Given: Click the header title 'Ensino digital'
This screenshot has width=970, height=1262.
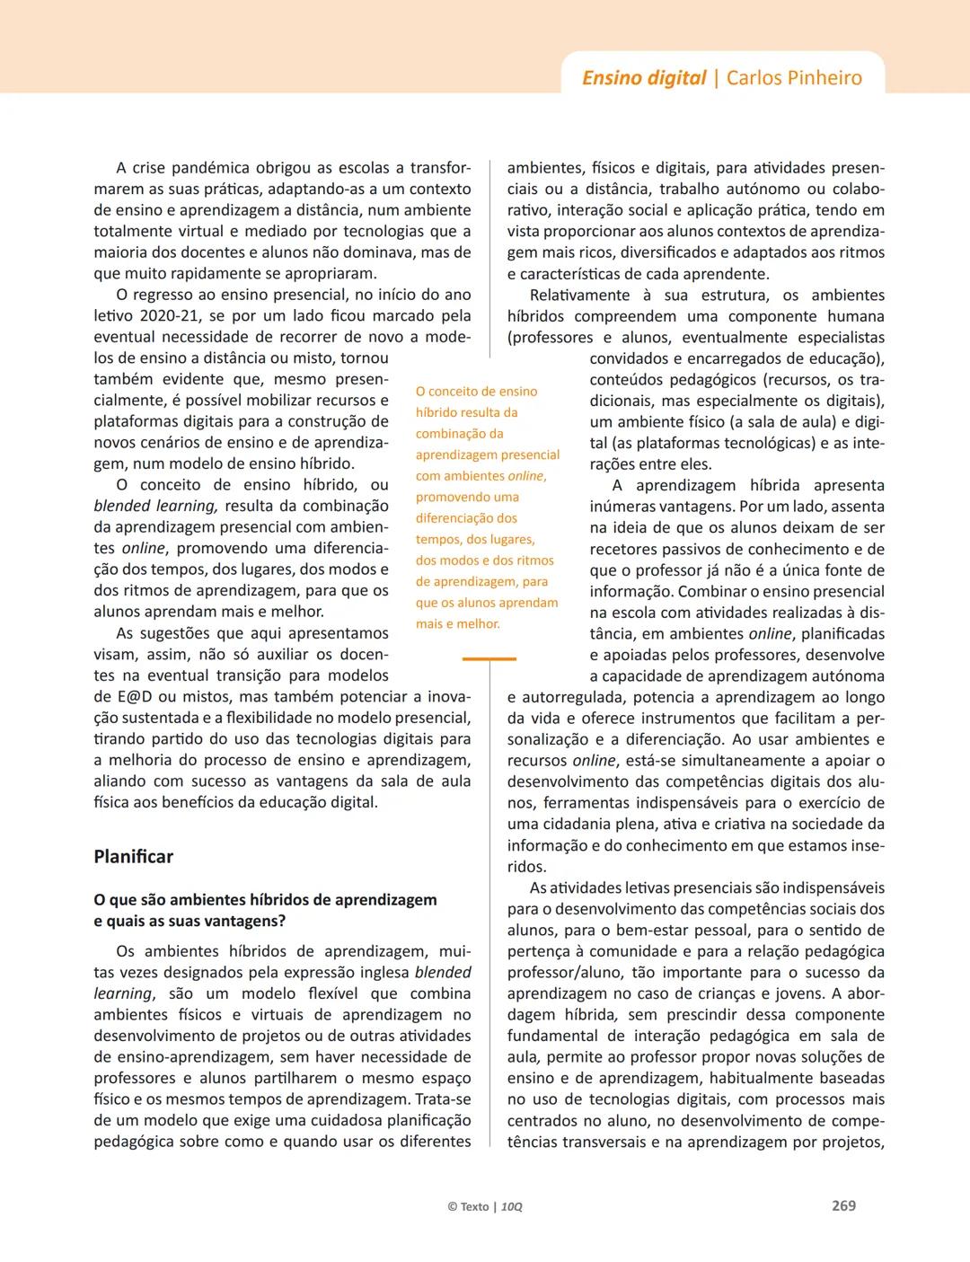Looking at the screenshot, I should coord(644,78).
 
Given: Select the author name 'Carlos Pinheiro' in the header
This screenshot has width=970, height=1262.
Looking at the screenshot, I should coord(794,78).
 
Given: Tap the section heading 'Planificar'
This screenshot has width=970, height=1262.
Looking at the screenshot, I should coord(133,857).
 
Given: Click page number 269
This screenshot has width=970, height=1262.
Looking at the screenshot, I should coord(843,1205).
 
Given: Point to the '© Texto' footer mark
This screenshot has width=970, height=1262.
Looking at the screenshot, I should coord(468,1206).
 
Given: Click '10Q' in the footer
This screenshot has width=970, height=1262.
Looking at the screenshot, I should coord(512,1206).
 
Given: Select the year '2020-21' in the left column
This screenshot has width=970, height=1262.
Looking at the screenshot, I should coord(171,316).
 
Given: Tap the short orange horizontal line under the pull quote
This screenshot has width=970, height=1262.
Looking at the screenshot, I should coord(489,659).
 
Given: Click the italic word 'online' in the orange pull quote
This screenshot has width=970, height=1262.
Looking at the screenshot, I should coord(525,476).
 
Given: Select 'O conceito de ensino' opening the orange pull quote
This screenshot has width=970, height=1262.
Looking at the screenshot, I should coord(476,392).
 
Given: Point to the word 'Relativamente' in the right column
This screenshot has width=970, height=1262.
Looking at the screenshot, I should coord(579,296).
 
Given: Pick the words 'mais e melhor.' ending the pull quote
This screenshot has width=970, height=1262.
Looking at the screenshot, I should coord(457,624).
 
